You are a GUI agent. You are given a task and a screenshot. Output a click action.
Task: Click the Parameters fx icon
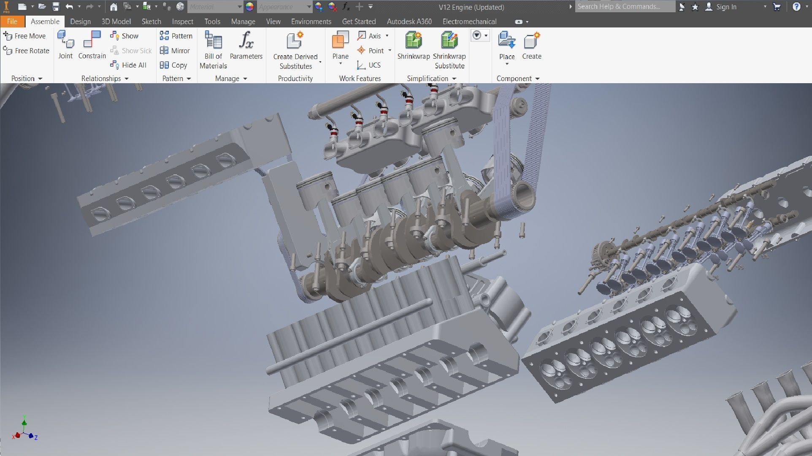tap(246, 41)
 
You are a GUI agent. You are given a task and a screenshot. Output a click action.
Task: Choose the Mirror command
tap(175, 51)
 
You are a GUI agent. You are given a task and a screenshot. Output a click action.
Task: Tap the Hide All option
tap(129, 65)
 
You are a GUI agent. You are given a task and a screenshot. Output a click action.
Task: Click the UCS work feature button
tap(369, 65)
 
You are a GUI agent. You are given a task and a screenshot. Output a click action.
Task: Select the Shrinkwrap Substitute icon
tap(449, 41)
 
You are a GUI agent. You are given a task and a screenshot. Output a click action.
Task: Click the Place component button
tap(506, 41)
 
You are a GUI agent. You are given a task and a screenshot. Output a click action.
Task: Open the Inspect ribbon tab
tap(182, 22)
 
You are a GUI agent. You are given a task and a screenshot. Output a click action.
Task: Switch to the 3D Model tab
tap(116, 22)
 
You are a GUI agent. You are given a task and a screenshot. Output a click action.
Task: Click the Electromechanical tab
tap(469, 22)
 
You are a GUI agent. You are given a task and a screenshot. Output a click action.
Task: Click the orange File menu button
tap(12, 22)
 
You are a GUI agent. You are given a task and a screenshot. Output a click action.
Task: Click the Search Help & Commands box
tap(624, 7)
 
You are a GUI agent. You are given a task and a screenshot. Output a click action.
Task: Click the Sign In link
tap(726, 7)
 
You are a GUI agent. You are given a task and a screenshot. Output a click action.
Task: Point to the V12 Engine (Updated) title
tap(471, 7)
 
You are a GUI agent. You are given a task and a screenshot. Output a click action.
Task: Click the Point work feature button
tap(371, 51)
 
